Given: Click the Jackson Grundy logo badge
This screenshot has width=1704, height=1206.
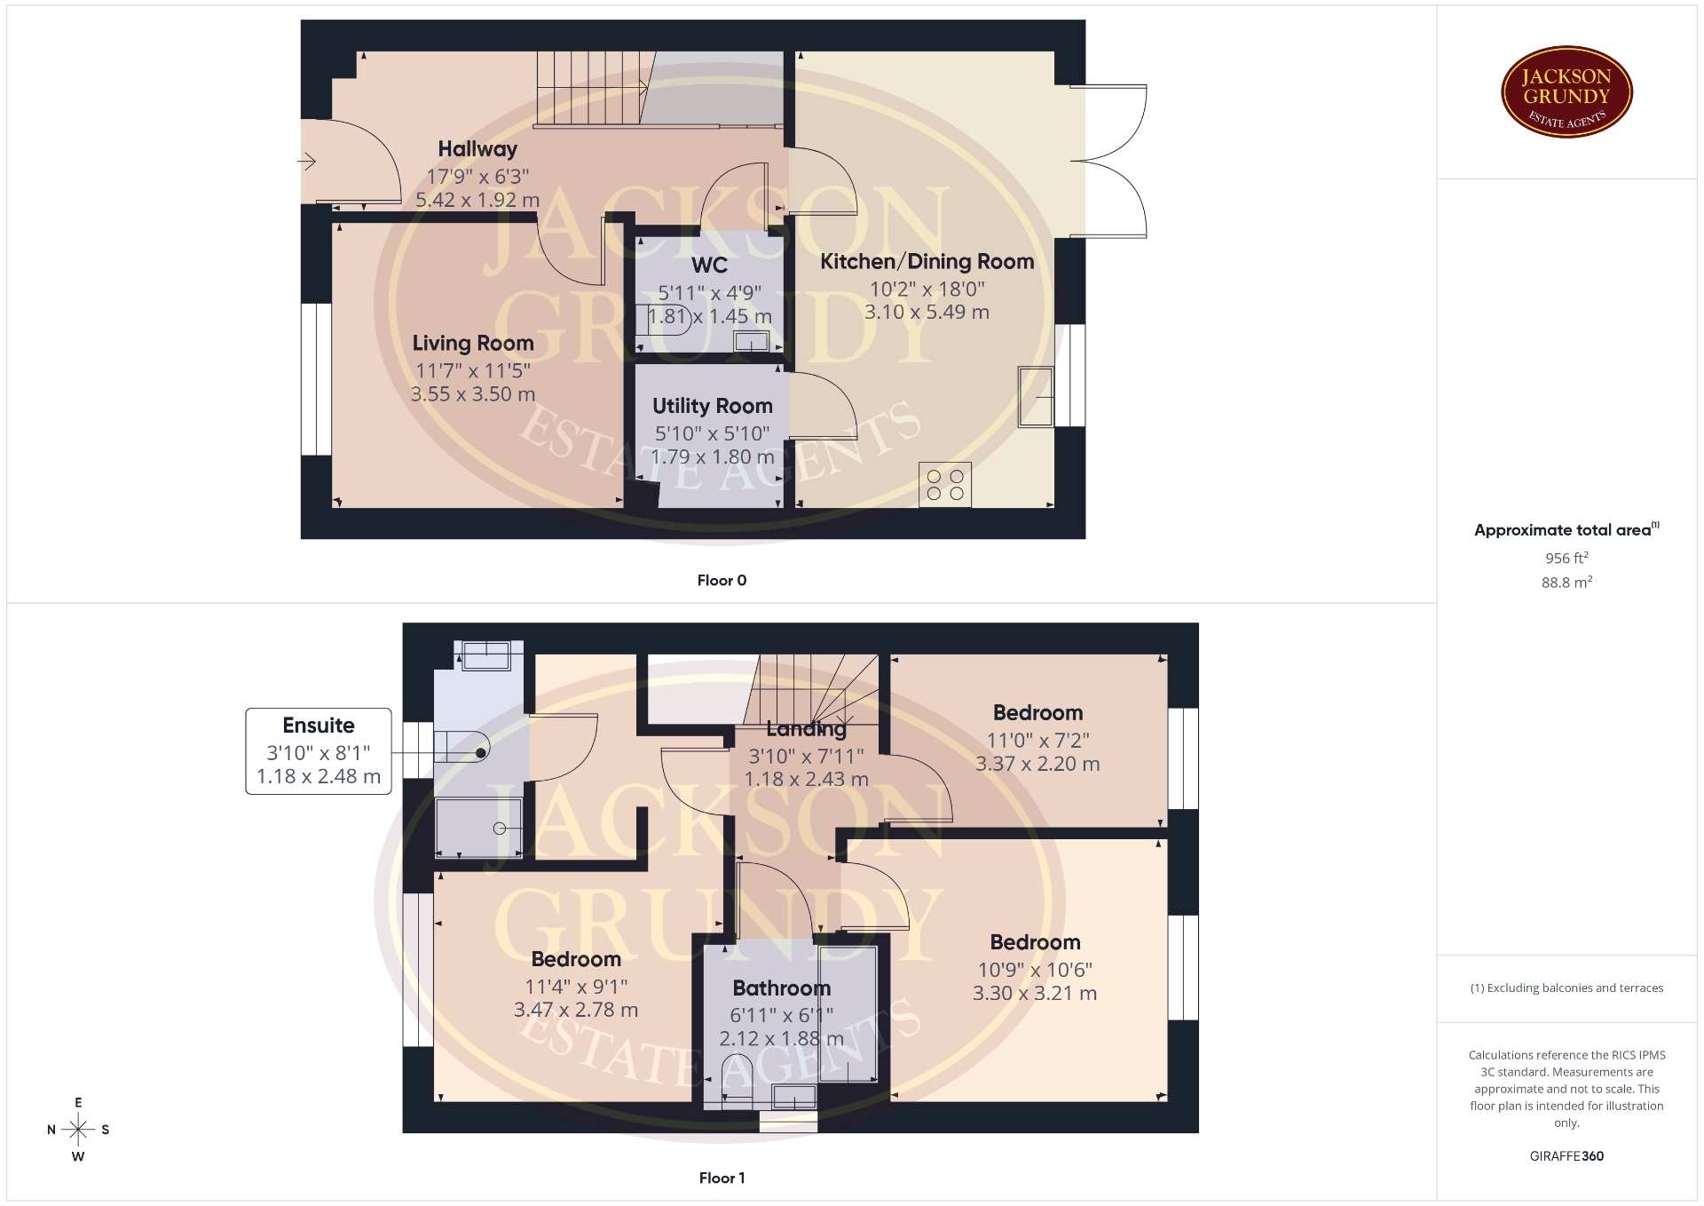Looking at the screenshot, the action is (x=1566, y=91).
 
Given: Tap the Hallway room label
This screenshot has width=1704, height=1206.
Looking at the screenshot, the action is (x=477, y=149).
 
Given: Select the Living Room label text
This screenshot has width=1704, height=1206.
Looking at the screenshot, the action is (x=473, y=343).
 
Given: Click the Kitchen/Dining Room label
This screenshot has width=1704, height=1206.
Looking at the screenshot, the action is (x=927, y=261).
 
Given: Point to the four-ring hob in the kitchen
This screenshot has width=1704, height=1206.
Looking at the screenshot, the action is (x=945, y=484).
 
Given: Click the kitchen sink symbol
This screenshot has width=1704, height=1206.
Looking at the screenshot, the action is (x=1036, y=396).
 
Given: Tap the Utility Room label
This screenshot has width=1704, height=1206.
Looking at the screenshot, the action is (x=713, y=406).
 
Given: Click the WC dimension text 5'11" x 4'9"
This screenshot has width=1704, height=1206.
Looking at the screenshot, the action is (x=709, y=292).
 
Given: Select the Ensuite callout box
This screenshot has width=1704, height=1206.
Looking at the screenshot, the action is (x=319, y=750).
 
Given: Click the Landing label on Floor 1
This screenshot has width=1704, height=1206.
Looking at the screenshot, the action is (x=806, y=729).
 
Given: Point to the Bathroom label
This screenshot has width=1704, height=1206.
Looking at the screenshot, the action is (x=782, y=988).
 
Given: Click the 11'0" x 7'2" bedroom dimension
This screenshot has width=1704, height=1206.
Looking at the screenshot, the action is (x=1037, y=740).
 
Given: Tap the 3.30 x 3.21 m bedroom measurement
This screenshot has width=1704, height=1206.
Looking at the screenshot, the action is (x=1035, y=993).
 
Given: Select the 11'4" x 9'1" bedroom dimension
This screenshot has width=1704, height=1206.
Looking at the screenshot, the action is (x=576, y=986).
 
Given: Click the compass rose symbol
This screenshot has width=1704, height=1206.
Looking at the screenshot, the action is (x=78, y=1130).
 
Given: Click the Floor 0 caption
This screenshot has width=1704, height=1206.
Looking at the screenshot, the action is (x=722, y=580).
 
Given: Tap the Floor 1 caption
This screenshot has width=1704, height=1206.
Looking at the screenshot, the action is (x=722, y=1178).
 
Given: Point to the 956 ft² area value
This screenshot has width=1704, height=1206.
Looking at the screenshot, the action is (x=1566, y=558).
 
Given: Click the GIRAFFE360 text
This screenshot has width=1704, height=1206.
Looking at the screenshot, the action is (x=1566, y=1156).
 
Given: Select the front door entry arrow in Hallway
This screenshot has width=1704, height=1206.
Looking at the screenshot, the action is (x=306, y=162).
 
